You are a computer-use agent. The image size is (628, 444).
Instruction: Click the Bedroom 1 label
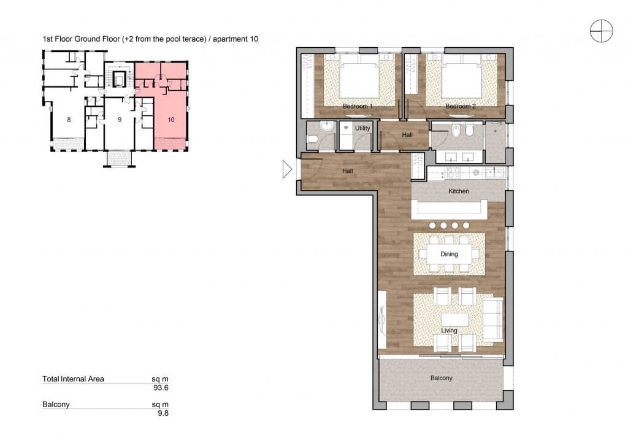pyautogui.click(x=358, y=106)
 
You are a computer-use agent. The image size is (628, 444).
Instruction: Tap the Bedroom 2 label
pyautogui.click(x=461, y=106)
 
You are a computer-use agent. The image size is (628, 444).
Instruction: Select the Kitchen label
pyautogui.click(x=458, y=191)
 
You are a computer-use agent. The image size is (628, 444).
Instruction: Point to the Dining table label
pyautogui.click(x=449, y=254)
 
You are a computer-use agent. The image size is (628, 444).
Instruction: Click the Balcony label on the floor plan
pyautogui.click(x=441, y=378)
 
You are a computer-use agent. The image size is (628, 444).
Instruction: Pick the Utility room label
pyautogui.click(x=362, y=128)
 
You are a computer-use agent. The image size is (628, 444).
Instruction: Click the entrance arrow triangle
pyautogui.click(x=287, y=169)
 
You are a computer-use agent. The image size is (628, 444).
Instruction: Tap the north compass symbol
pyautogui.click(x=601, y=31)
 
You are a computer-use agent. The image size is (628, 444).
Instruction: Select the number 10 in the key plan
pyautogui.click(x=171, y=120)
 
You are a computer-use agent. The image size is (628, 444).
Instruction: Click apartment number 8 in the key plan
pyautogui.click(x=69, y=120)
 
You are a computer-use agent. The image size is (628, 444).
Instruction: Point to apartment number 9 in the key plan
pyautogui.click(x=120, y=120)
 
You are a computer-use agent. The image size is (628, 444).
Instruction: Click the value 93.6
pyautogui.click(x=161, y=388)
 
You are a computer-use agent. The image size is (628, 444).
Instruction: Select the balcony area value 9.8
pyautogui.click(x=163, y=413)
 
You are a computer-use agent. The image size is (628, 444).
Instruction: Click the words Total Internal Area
pyautogui.click(x=74, y=379)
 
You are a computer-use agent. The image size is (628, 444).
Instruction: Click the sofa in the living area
pyautogui.click(x=492, y=319)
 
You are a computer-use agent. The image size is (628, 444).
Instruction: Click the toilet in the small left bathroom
pyautogui.click(x=313, y=140)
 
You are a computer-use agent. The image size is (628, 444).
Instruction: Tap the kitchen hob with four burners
pyautogui.click(x=453, y=172)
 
